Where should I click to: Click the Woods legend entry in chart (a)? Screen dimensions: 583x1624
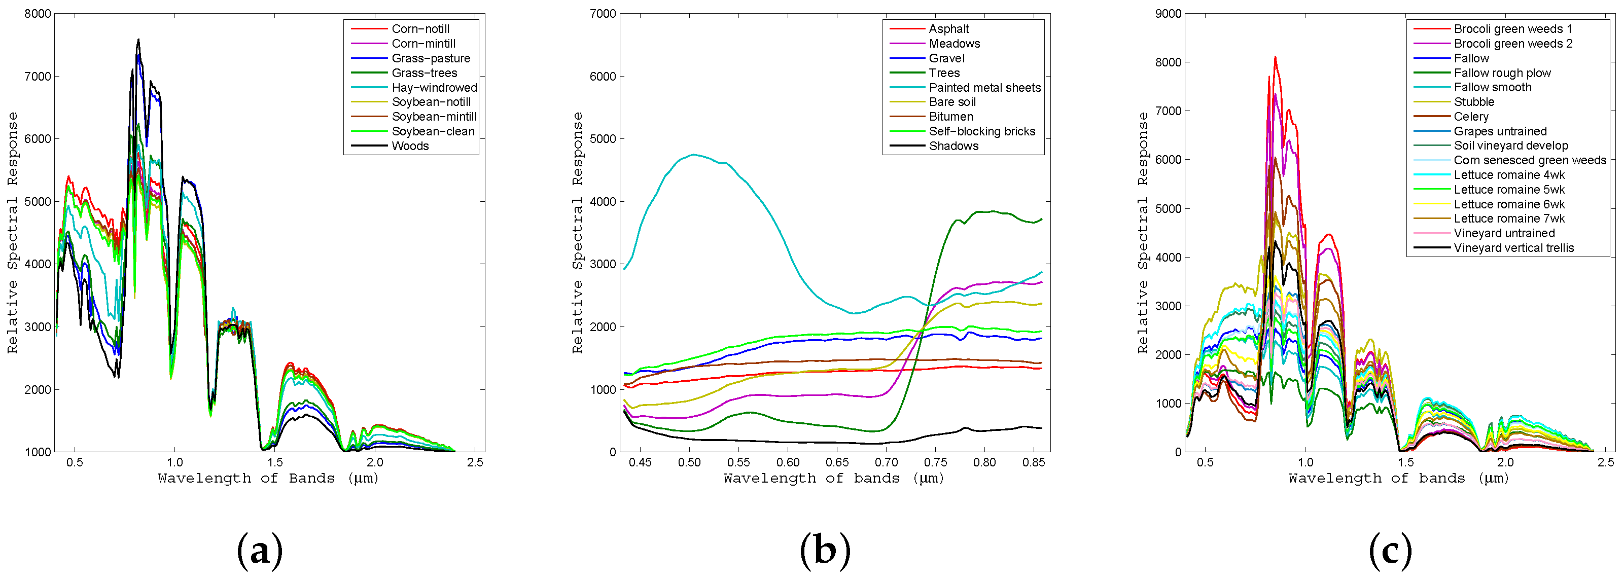click(410, 146)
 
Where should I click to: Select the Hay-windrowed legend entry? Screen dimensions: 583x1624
click(434, 88)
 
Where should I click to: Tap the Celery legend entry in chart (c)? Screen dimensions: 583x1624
click(1471, 117)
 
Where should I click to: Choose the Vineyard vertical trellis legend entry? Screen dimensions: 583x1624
click(1513, 248)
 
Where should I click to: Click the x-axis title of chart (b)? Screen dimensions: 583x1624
click(833, 479)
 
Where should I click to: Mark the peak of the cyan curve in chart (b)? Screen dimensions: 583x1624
click(693, 155)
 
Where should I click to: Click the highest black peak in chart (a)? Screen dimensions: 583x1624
click(138, 40)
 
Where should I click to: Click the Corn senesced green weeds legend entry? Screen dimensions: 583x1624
click(1530, 161)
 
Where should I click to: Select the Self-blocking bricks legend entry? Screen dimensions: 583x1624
click(981, 131)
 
